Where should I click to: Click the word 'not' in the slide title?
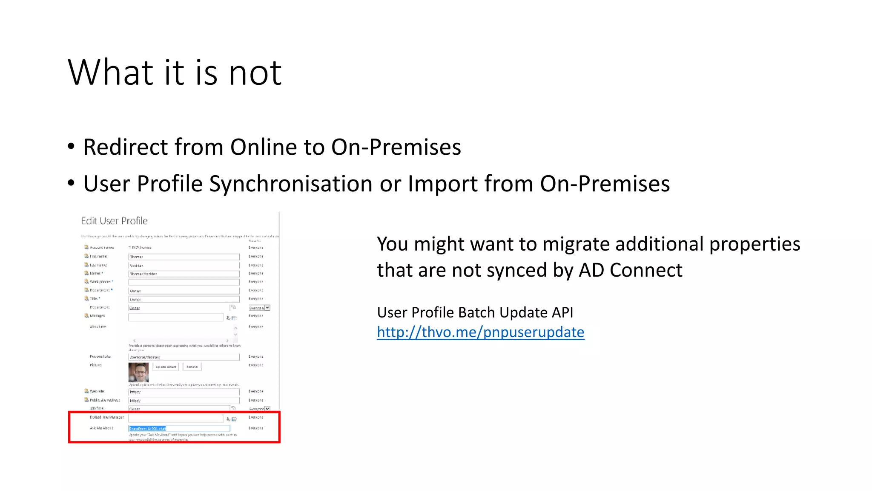tap(255, 72)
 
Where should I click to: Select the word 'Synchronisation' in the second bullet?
tap(291, 184)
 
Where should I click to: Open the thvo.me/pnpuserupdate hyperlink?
tap(480, 332)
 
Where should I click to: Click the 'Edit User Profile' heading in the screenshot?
tap(114, 221)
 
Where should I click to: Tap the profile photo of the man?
tap(138, 372)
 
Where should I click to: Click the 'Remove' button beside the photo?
tap(192, 367)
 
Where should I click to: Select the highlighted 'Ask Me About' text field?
tap(179, 428)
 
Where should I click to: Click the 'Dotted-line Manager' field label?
tap(106, 417)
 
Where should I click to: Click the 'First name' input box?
tap(184, 257)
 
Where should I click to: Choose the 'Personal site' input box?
tap(184, 357)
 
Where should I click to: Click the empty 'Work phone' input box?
tap(184, 282)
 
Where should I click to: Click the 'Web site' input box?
tap(184, 392)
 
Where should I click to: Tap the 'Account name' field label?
tap(102, 247)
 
